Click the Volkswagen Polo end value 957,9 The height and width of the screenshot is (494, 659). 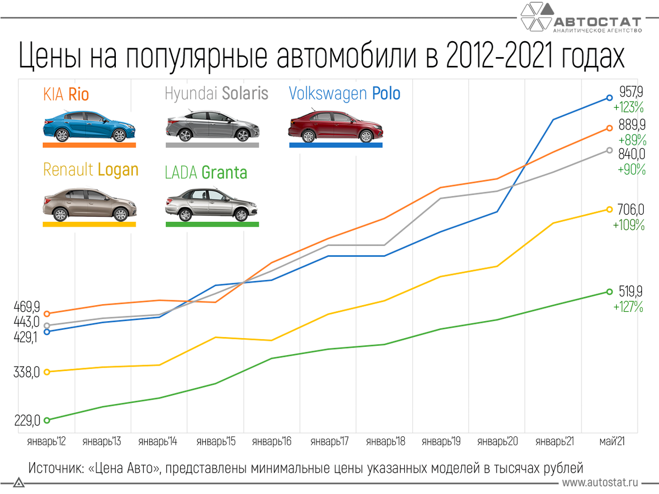click(x=632, y=91)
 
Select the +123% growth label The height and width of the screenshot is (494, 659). click(x=629, y=105)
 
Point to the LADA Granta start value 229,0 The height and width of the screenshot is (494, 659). click(x=27, y=420)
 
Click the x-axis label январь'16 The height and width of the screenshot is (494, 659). click(x=271, y=442)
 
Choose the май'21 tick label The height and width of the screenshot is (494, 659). click(x=610, y=442)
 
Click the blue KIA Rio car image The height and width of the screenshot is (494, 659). click(x=89, y=126)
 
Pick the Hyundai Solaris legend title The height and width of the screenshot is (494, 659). click(x=216, y=94)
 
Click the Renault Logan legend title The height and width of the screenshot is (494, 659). click(x=91, y=170)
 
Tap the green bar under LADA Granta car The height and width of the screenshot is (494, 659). click(x=212, y=224)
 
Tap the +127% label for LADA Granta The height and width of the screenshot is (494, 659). click(x=628, y=307)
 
